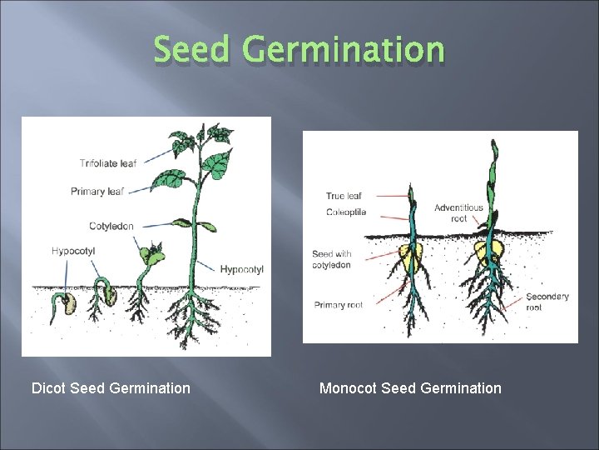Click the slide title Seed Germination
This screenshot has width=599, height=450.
pyautogui.click(x=299, y=50)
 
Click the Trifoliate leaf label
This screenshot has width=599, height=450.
pyautogui.click(x=107, y=163)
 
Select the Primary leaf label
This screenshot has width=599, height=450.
pyautogui.click(x=97, y=192)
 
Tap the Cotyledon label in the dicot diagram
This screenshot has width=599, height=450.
pyautogui.click(x=111, y=226)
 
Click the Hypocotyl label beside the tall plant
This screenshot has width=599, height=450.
pyautogui.click(x=242, y=269)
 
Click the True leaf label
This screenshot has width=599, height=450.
pyautogui.click(x=344, y=197)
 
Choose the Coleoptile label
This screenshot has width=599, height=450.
pyautogui.click(x=345, y=212)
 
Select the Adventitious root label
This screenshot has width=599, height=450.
pyautogui.click(x=458, y=212)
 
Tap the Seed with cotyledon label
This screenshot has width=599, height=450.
pyautogui.click(x=331, y=259)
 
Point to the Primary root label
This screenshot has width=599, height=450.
pyautogui.click(x=338, y=305)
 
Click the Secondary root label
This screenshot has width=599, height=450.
pyautogui.click(x=547, y=302)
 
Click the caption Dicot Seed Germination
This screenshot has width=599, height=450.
pyautogui.click(x=111, y=388)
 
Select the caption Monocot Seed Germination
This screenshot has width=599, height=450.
pyautogui.click(x=410, y=388)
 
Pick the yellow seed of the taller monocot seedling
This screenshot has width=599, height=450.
pyautogui.click(x=489, y=249)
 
